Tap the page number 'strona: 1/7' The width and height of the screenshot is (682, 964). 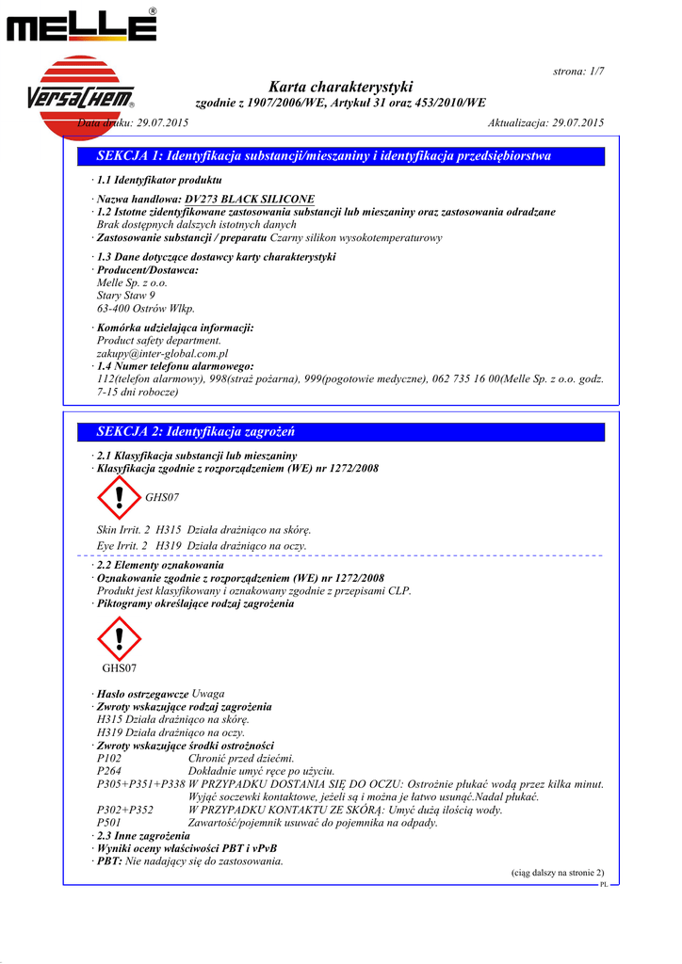click(577, 72)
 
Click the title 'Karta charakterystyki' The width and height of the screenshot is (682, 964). click(340, 87)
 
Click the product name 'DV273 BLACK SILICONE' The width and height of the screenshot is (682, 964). click(250, 200)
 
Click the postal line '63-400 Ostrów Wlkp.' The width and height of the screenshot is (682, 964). click(146, 309)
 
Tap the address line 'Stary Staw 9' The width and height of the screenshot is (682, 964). click(126, 296)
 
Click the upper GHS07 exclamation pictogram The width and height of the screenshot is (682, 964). click(118, 497)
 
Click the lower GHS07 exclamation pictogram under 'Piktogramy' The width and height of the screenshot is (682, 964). click(119, 639)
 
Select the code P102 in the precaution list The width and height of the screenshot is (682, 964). click(109, 759)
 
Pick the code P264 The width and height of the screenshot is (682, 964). click(109, 771)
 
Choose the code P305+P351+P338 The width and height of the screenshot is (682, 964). click(141, 784)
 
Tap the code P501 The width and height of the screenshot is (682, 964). click(109, 823)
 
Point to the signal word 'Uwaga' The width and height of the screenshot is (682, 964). click(208, 694)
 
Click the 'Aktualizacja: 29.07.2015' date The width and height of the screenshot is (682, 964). click(545, 123)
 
